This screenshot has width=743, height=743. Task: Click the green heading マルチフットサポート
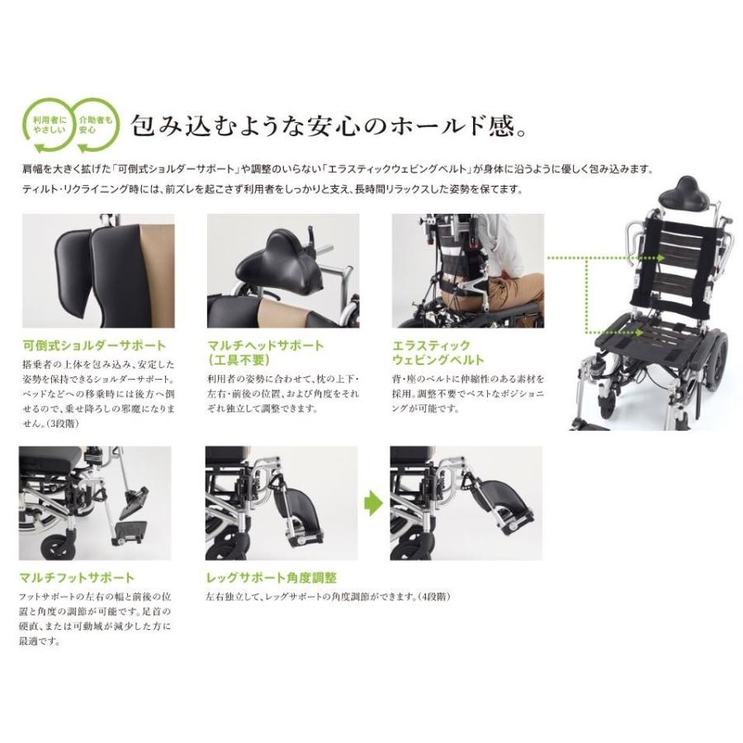click(76, 578)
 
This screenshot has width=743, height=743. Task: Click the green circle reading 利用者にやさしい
click(48, 125)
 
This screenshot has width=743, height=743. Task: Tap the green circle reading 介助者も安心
click(92, 125)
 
